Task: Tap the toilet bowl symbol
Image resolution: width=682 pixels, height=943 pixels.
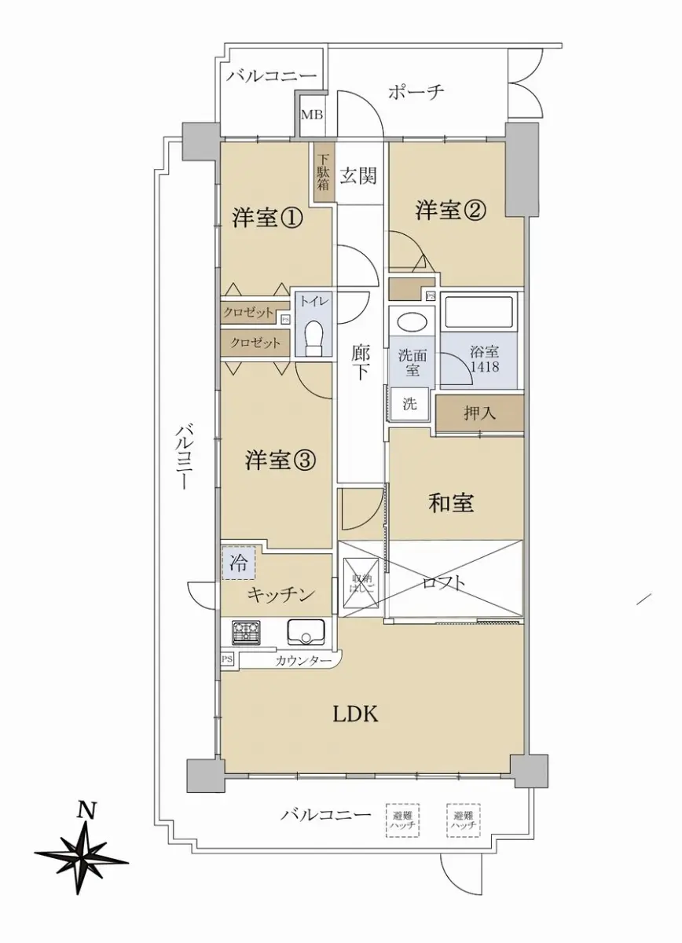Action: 313,339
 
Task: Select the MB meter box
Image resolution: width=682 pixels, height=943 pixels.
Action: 311,114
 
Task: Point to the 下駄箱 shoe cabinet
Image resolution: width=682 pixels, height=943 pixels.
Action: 323,172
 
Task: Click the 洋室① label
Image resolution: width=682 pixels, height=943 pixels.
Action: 268,218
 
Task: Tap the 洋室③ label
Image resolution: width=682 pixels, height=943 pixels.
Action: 280,460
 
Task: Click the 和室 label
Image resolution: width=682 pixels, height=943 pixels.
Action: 451,503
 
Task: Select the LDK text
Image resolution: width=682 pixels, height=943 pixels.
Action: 356,714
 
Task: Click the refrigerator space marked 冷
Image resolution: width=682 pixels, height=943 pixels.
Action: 239,564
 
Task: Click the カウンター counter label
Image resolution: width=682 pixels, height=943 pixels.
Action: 303,661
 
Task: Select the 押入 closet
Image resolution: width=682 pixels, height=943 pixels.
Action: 479,414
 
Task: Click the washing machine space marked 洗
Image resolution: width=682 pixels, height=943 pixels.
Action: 409,404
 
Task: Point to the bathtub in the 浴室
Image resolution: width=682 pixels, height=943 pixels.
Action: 478,313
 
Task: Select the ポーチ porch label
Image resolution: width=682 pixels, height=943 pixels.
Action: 416,92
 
